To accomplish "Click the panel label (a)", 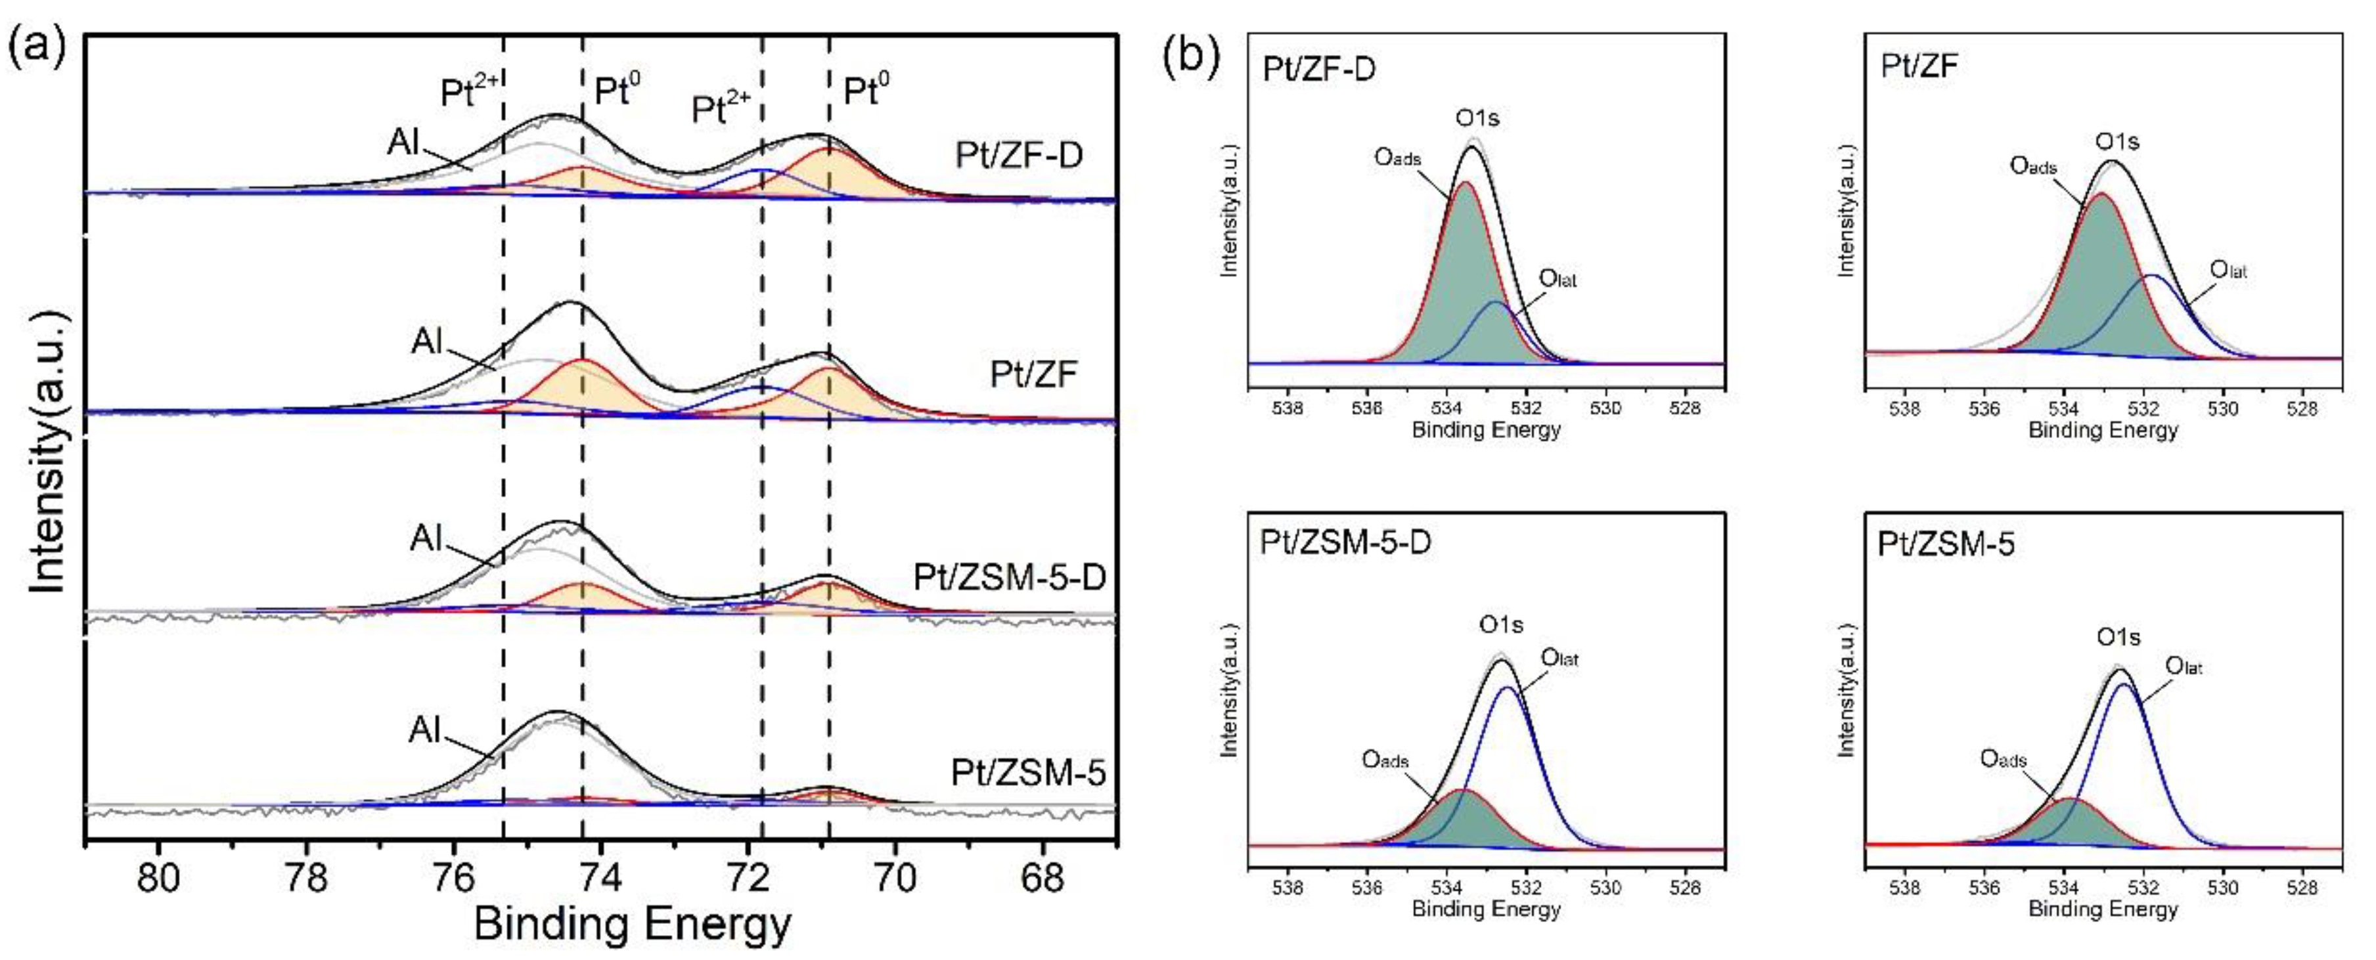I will coord(36,46).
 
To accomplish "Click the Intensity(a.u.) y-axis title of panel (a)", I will coord(48,452).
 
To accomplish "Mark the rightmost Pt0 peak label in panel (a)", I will coord(866,91).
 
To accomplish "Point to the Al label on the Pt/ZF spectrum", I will coord(427,341).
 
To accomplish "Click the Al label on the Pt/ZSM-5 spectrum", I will coord(425,730).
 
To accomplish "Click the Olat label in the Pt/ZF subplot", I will coord(2228,270).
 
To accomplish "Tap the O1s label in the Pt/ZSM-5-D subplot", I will coord(1500,624).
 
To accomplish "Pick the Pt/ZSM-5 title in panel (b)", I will coord(1945,544).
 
